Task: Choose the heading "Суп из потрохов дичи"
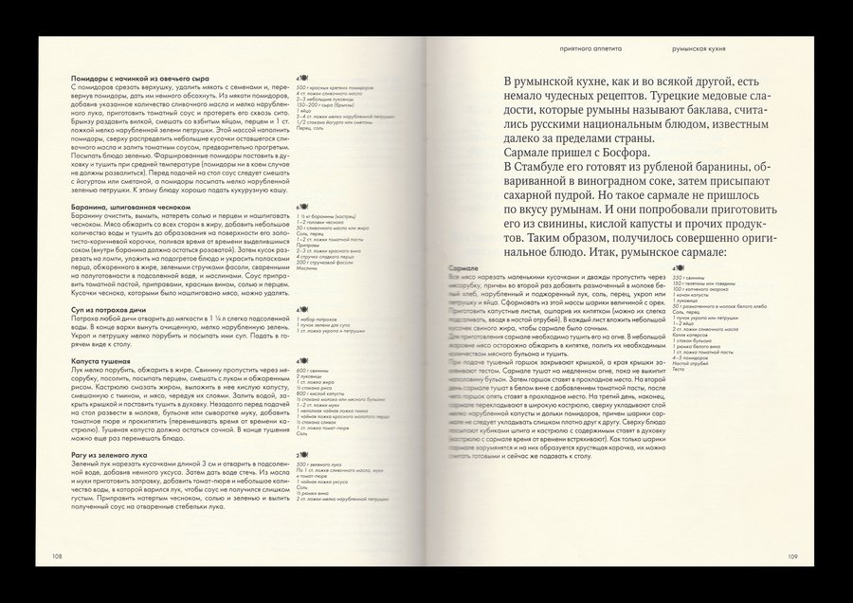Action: point(110,310)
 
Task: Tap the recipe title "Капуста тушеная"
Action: point(99,361)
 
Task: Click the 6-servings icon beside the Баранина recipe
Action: point(300,205)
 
